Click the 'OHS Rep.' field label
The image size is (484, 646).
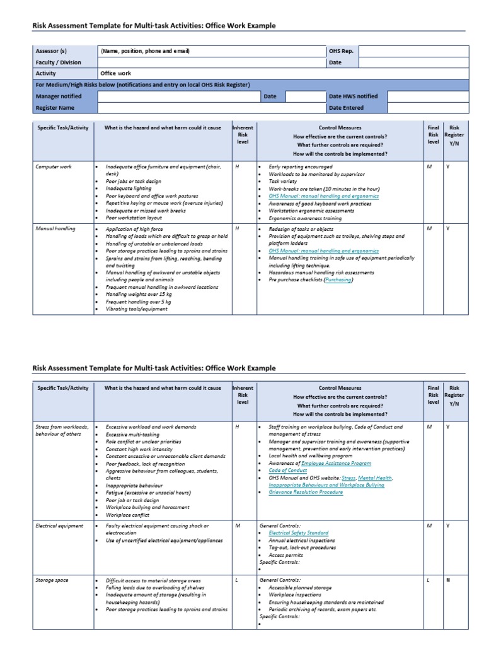tap(341, 51)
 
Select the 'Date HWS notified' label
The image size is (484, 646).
tap(353, 97)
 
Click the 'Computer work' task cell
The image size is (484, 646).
tap(55, 167)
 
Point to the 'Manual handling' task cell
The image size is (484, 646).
tap(56, 228)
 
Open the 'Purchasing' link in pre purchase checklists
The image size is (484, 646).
tap(338, 280)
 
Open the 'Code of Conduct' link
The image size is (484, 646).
tap(287, 470)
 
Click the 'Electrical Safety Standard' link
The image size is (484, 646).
tap(298, 533)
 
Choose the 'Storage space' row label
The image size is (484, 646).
tap(52, 580)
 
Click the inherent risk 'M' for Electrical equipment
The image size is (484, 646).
tap(238, 526)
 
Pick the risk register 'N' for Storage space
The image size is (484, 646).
tap(448, 580)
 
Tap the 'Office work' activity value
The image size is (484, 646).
tap(116, 74)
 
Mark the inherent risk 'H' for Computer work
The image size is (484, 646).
tap(238, 167)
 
